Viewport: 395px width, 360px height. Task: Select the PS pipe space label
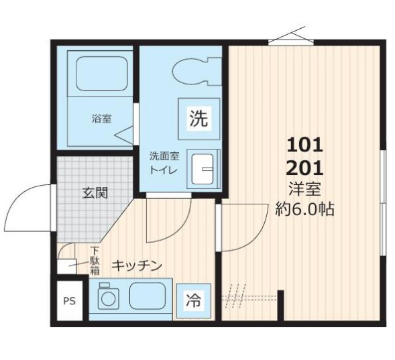69,301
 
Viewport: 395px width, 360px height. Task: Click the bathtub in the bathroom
100,73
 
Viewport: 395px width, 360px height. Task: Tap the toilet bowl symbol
196,70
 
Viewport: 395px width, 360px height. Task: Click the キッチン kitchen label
136,265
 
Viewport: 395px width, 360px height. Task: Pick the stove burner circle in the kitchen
107,299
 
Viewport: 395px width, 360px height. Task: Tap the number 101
305,143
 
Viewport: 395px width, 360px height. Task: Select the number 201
305,166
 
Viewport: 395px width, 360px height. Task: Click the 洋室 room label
305,188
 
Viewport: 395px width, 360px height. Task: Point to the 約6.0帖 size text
305,208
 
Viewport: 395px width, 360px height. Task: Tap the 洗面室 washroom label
164,156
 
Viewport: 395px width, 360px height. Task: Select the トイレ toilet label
164,170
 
